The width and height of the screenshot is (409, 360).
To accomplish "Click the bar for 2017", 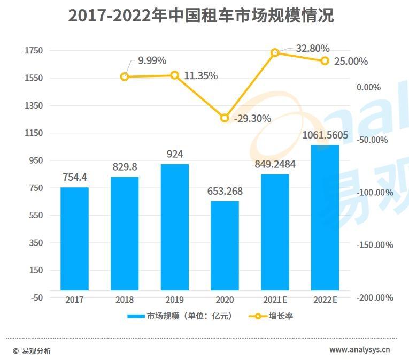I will click(x=74, y=239).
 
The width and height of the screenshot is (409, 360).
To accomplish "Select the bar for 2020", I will click(x=225, y=246).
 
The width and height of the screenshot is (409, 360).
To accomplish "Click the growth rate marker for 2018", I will click(x=125, y=76).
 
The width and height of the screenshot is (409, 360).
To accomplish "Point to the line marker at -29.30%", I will click(x=225, y=118).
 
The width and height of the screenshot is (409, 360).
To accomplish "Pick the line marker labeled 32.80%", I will click(x=275, y=52).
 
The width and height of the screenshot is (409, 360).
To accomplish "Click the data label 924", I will click(x=174, y=154).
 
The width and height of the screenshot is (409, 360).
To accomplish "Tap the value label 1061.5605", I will click(x=325, y=135).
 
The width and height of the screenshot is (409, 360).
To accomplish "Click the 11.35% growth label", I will click(x=200, y=76).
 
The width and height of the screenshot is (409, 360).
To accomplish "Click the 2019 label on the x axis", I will click(x=174, y=300).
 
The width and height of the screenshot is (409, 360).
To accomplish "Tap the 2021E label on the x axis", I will click(x=276, y=300).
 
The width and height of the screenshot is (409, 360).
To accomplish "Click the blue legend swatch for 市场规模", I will click(x=136, y=316).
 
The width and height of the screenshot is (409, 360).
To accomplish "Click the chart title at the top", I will click(x=200, y=16).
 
